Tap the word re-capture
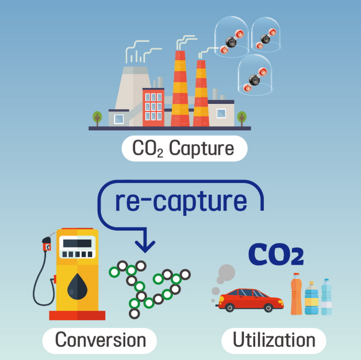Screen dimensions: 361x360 pos(181,202)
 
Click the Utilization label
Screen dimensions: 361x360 pos(274,340)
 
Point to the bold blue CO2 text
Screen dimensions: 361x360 pos(276,254)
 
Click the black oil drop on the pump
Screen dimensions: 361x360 pos(78,287)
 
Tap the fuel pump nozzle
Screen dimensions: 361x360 pos(47,243)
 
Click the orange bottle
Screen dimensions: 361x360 pos(296,293)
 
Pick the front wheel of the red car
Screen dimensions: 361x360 pos(268,307)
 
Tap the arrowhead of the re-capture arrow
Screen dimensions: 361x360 pos(145,246)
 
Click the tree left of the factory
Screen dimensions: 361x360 pos(97,118)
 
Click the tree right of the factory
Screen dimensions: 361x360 pos(242,118)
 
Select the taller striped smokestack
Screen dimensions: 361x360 pos(180,88)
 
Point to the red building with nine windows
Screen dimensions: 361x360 pos(153,107)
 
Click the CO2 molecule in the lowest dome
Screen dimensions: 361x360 pos(255,80)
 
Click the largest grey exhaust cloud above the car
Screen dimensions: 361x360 pos(226,273)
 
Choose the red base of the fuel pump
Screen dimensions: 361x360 pos(77,315)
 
